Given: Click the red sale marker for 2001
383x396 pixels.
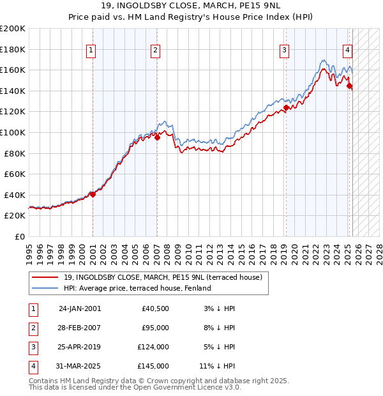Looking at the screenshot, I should coord(93,194).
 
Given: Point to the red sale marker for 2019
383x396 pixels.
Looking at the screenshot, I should coord(286,107).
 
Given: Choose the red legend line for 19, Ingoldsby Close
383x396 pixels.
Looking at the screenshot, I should coord(45,277).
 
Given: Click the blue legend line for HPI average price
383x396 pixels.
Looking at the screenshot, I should coord(45,288).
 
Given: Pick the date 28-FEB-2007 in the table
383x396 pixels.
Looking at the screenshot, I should coord(79,328).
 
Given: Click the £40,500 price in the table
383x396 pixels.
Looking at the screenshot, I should coord(154,308).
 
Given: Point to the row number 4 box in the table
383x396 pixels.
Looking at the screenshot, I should coord(33,366).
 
